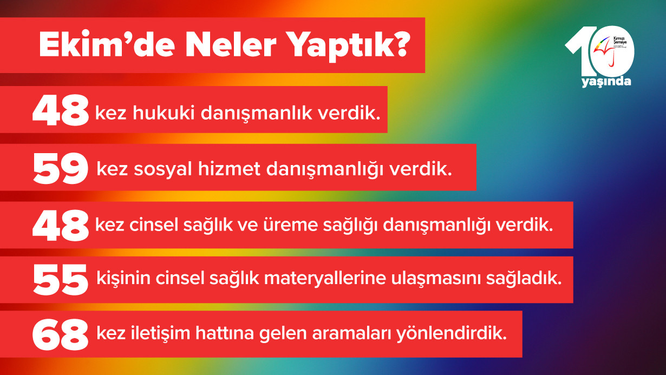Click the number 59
tap(60, 169)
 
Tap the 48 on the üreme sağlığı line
tap(60, 225)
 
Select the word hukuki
tap(166, 114)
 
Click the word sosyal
tap(169, 170)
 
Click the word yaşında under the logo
tap(606, 82)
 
